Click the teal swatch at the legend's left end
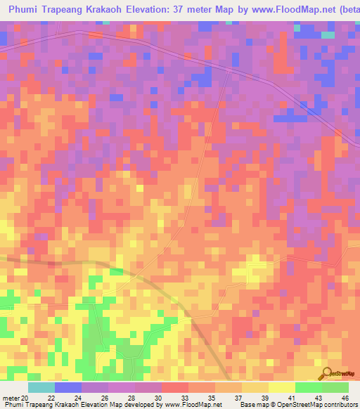(41, 387)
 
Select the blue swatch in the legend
(68, 387)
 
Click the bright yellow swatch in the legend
(282, 387)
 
